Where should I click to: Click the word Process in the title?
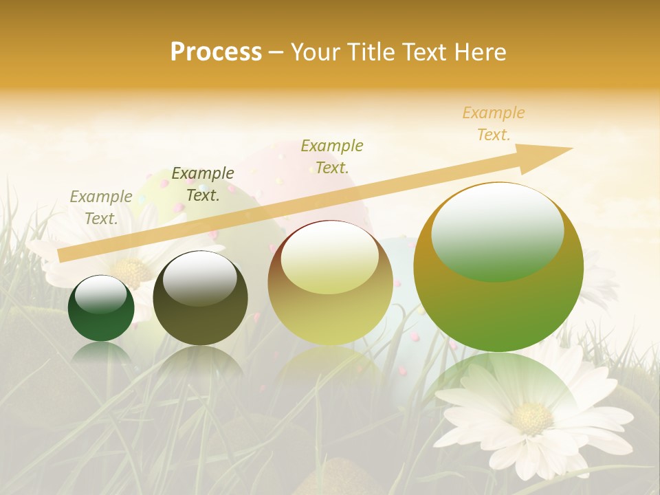coord(216,52)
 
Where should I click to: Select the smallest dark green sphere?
coord(101,308)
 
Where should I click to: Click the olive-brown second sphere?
coord(200,298)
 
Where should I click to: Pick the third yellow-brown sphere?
coord(330,283)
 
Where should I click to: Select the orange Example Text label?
coord(494,124)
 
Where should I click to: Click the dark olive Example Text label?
coord(203,184)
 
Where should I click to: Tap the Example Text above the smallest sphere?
coord(101,207)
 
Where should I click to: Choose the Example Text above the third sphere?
coord(332,156)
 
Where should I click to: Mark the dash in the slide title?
coord(276,52)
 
